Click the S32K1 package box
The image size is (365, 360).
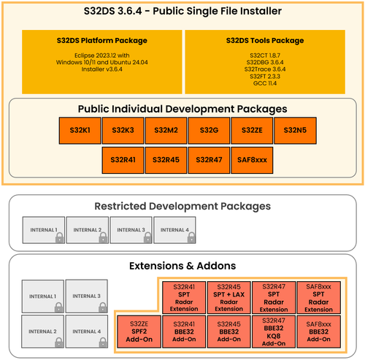[x=80, y=131]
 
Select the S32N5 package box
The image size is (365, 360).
[x=295, y=131]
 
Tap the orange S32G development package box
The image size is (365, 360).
[x=209, y=131]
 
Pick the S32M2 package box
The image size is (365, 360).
[x=166, y=131]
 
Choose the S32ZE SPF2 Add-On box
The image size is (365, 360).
[x=139, y=332]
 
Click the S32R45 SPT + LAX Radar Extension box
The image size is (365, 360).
[x=228, y=297]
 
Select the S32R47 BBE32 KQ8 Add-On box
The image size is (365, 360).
[x=274, y=332]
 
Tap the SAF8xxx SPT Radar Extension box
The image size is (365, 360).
[x=318, y=297]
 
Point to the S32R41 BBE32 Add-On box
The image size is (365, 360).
[x=184, y=332]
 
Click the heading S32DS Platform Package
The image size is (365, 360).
[x=102, y=40]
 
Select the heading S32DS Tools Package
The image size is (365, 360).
[x=265, y=40]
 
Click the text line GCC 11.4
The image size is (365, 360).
[x=265, y=83]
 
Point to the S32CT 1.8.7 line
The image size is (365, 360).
[x=265, y=55]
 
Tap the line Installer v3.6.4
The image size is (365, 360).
[x=102, y=69]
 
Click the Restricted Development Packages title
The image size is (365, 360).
[x=182, y=206]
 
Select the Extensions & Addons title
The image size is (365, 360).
[x=182, y=266]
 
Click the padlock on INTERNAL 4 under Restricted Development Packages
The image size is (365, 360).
[x=191, y=237]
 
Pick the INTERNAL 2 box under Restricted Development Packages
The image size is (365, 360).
[x=88, y=230]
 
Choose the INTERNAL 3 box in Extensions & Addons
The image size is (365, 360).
[x=87, y=296]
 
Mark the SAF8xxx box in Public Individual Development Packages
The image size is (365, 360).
[x=252, y=160]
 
